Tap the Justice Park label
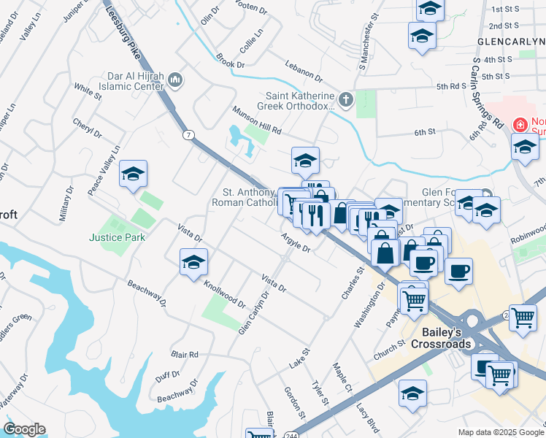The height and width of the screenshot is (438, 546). [x=117, y=237]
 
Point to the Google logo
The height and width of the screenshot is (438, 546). [x=25, y=429]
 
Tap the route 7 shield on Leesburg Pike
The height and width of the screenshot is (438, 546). [x=189, y=135]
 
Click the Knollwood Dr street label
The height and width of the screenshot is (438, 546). [x=224, y=293]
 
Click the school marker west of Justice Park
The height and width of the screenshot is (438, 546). [x=134, y=174]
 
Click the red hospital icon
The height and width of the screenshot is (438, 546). [x=520, y=125]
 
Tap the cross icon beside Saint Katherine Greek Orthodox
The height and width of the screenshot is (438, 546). [x=345, y=99]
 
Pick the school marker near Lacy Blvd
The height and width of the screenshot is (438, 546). [x=412, y=393]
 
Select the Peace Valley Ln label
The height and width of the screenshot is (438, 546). [x=103, y=170]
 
